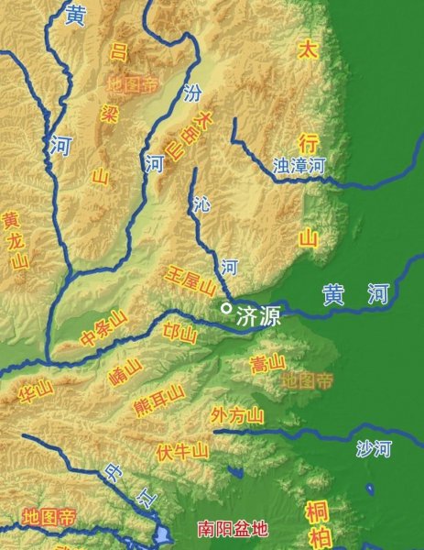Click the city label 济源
coord(258,317)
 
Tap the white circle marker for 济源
coord(226,309)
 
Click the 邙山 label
coord(179,334)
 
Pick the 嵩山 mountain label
coord(267,364)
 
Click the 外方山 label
coord(236,414)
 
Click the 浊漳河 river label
coord(299,166)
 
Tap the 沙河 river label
coord(374,448)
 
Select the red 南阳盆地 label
coord(234,529)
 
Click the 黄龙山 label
coord(14,241)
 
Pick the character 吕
coord(119,50)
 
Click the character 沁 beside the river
coord(202,206)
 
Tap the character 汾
coord(191,93)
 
